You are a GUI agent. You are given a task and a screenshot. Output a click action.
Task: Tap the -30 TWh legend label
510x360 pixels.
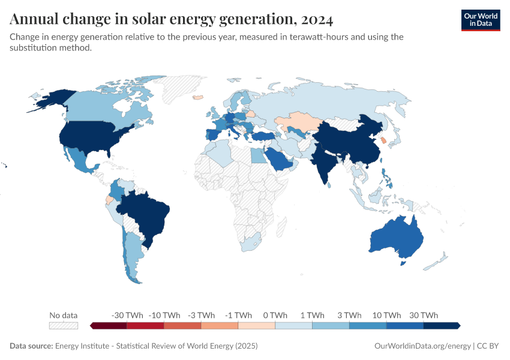(x=127, y=315)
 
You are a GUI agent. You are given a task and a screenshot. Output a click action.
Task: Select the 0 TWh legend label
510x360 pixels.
(x=275, y=315)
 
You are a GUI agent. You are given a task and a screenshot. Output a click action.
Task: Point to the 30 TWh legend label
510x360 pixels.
(x=424, y=315)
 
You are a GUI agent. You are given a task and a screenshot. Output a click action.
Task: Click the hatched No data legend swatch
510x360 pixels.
(x=64, y=325)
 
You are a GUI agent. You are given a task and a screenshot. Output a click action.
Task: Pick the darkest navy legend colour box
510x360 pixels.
(x=441, y=325)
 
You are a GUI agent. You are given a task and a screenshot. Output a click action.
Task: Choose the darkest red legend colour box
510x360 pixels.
(x=109, y=325)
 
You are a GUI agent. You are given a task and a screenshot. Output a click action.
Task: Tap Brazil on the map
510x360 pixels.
(x=147, y=213)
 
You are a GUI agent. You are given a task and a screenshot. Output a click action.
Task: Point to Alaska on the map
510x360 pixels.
(x=51, y=99)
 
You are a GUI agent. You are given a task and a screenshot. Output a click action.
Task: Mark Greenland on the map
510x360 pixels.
(x=183, y=90)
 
